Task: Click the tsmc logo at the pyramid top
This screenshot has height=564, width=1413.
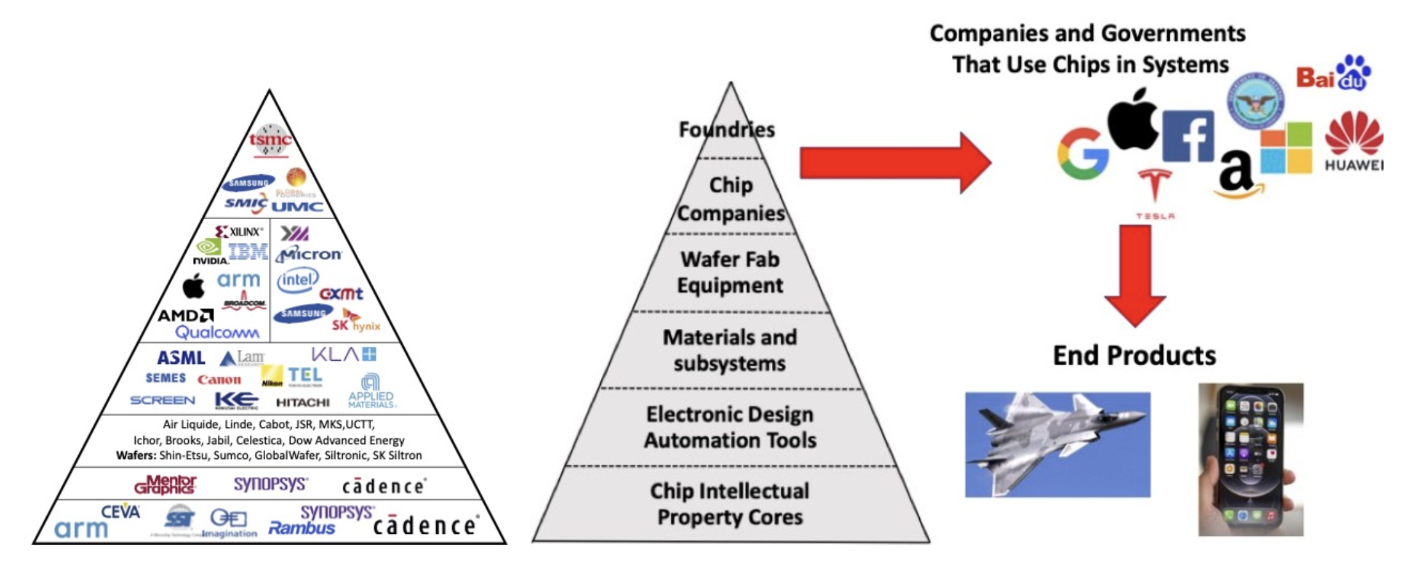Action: coord(270,140)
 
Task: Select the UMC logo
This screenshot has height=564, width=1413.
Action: coord(297,206)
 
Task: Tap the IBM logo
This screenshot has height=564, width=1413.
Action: coord(248,252)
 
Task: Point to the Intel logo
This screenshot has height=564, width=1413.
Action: coord(297,280)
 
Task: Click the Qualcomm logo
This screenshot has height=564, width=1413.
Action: coord(217,332)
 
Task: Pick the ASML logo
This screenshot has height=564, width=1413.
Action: coord(181,358)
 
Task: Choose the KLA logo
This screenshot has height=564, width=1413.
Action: coord(343,354)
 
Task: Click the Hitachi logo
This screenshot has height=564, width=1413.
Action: coord(302,402)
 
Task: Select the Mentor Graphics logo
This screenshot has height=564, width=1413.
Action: coord(165,485)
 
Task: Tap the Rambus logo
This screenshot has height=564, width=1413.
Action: coord(301,529)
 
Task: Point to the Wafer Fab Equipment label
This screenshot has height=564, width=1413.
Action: coord(730,272)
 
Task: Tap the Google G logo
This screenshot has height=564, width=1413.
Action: coord(1082,153)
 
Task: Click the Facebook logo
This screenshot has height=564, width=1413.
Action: coord(1188,136)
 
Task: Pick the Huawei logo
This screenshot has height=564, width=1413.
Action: coord(1353,141)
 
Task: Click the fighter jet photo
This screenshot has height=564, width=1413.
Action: coord(1058,444)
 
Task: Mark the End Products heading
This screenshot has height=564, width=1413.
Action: coord(1134,356)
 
